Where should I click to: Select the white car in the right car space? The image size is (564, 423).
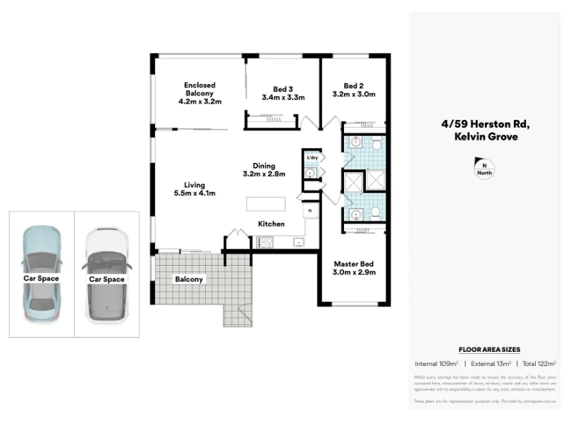(106, 275)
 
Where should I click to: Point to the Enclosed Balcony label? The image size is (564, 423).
(200, 93)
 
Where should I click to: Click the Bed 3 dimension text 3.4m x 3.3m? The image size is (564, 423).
(283, 98)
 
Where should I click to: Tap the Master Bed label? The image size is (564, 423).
(354, 263)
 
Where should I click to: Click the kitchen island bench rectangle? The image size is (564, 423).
(266, 204)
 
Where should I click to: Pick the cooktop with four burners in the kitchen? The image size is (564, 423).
(264, 242)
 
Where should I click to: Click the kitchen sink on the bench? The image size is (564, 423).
(298, 242)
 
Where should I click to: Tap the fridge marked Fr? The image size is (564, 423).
(309, 210)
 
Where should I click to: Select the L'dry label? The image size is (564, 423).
(312, 157)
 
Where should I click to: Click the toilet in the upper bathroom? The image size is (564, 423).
(377, 145)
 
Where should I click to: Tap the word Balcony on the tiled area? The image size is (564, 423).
(189, 279)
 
